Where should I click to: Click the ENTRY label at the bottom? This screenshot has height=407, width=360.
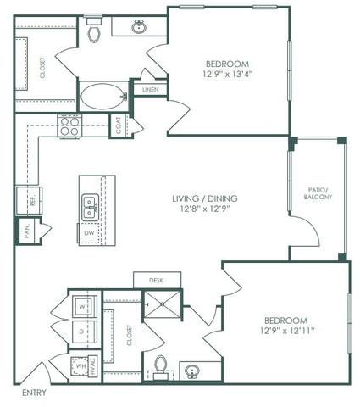tap(34, 393)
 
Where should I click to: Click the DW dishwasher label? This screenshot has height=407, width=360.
tap(90, 231)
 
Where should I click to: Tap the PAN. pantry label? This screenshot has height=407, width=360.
tap(27, 231)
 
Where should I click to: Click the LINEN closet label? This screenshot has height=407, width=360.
tap(150, 89)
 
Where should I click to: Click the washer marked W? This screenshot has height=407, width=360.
tap(81, 306)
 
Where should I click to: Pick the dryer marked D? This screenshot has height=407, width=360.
tap(81, 332)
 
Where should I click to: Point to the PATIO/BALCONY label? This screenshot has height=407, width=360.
tap(318, 192)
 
